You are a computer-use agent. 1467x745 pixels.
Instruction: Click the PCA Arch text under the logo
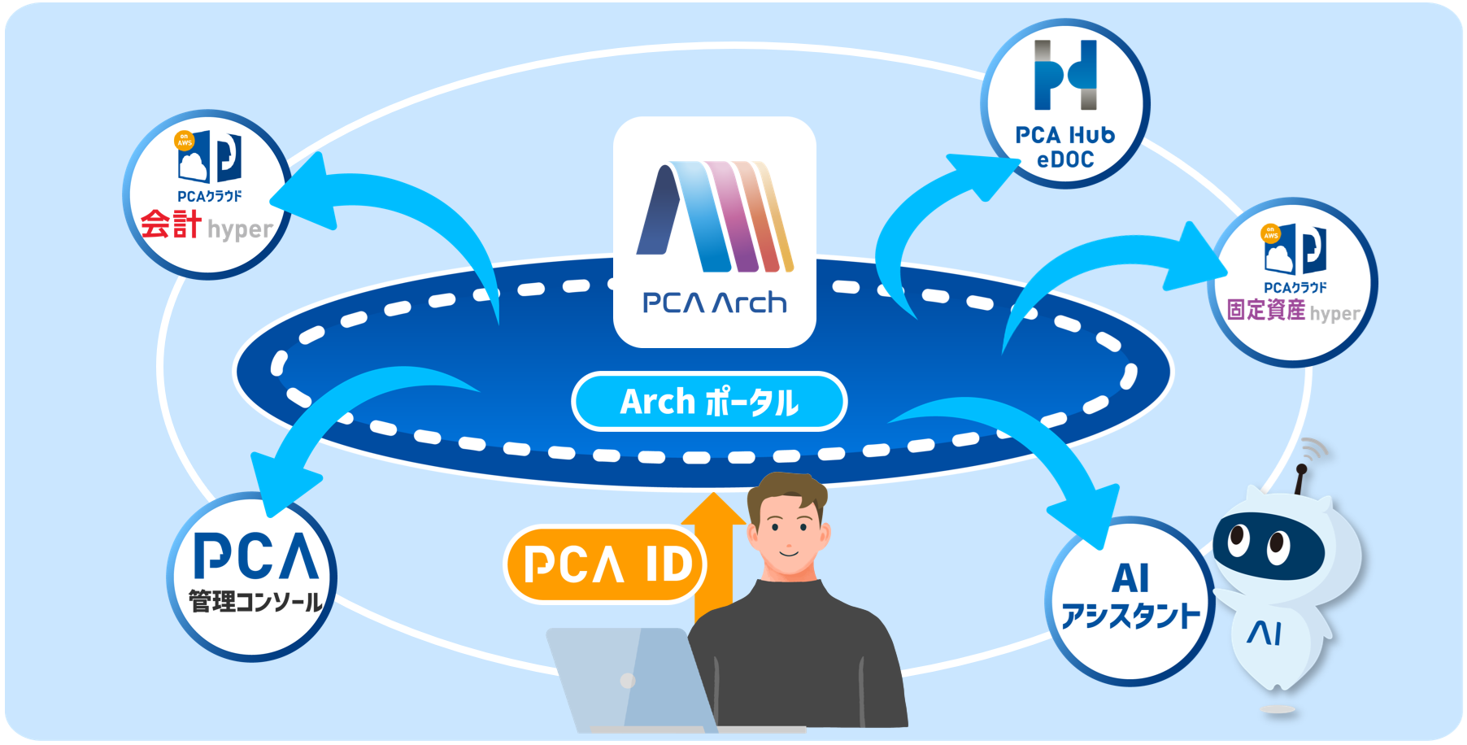tap(715, 303)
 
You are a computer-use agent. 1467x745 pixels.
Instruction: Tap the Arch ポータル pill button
tap(709, 402)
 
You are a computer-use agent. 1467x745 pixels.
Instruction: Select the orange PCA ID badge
tap(607, 564)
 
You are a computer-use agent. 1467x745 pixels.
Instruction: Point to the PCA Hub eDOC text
tap(1064, 147)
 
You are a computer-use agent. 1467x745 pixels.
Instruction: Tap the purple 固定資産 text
tap(1265, 310)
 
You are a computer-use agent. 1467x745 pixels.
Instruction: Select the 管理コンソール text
tap(255, 602)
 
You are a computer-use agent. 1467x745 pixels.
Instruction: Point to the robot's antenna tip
tap(1301, 469)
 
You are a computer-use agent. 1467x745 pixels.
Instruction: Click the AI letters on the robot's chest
tap(1265, 633)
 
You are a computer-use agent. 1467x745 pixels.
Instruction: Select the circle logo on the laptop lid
tap(628, 681)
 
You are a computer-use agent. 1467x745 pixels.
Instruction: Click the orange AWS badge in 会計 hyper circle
tap(185, 140)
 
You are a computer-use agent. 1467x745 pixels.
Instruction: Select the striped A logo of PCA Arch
tap(715, 216)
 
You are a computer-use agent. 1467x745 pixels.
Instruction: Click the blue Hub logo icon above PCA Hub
tap(1065, 75)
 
